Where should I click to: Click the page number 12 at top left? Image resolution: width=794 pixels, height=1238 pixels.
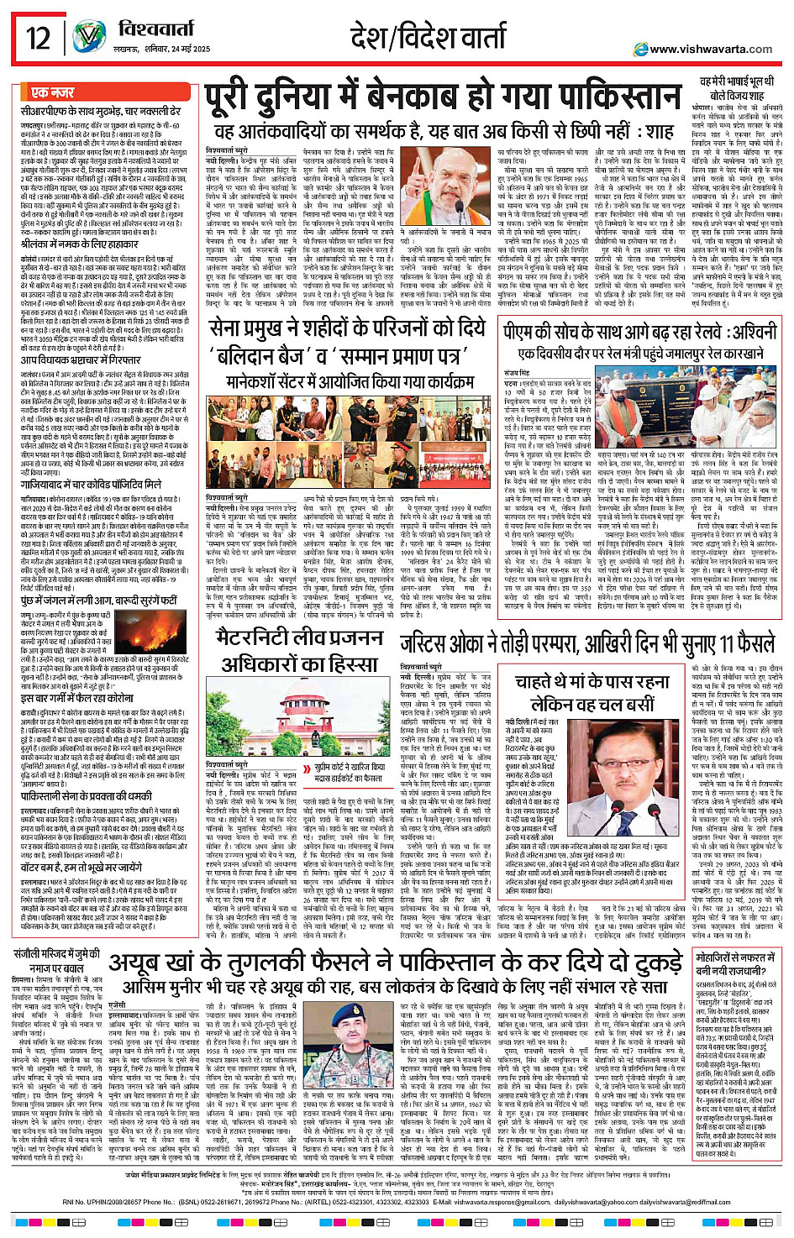(x=39, y=39)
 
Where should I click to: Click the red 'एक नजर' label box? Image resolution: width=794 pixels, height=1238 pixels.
(x=52, y=92)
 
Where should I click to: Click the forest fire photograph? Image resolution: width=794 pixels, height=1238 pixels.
(x=148, y=632)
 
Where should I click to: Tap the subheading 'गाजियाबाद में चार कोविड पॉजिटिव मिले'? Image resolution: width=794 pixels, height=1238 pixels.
(x=91, y=485)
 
